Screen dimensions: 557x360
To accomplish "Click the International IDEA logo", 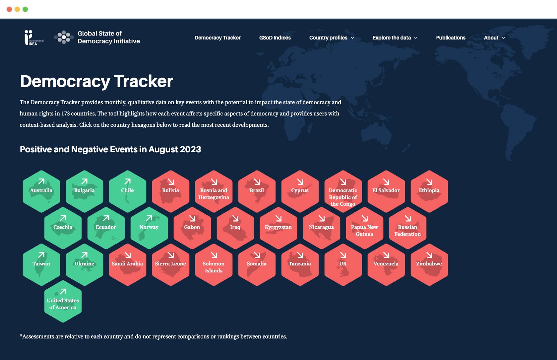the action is (x=34, y=37).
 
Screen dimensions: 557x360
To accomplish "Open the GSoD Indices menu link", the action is (x=275, y=38).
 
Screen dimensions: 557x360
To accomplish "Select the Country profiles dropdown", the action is (x=332, y=38).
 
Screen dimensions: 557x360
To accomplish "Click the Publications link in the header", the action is (x=451, y=38).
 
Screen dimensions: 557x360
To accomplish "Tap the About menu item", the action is (x=494, y=38).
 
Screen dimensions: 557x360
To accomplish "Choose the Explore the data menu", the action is (x=395, y=38).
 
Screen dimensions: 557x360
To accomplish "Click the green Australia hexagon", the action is (x=41, y=191).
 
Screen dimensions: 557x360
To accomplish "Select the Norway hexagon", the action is (x=149, y=228).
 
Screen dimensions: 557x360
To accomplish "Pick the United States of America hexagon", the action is (x=63, y=302).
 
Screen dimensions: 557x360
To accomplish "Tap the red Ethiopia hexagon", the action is (x=429, y=191).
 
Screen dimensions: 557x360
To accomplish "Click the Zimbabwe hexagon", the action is (x=429, y=265).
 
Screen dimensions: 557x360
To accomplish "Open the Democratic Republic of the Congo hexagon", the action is (x=343, y=191).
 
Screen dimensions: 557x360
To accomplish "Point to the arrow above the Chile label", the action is (x=128, y=181).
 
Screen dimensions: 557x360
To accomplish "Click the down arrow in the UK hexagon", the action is (x=343, y=255).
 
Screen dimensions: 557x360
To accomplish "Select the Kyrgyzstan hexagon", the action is (x=278, y=228).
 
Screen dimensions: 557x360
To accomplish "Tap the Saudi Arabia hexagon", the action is (x=128, y=265).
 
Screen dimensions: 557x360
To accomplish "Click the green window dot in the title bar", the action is (x=25, y=9).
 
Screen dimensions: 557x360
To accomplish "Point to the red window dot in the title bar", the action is (x=9, y=9).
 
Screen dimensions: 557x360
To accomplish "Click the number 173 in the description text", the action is (x=65, y=113).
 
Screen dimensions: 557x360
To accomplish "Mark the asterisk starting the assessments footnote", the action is (x=21, y=336).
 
